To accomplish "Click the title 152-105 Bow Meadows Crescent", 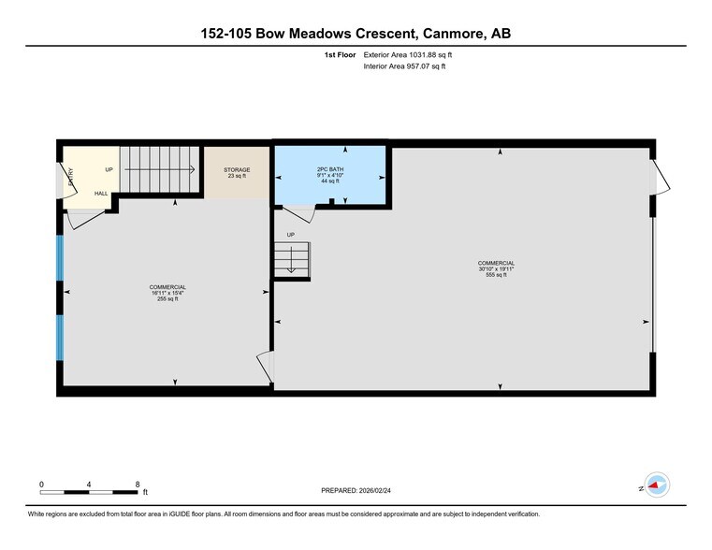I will [356, 34].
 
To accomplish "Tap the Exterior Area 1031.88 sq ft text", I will [413, 55].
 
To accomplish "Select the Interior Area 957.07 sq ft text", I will [404, 66].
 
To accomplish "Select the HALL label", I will [100, 194].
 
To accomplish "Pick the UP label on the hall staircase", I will [109, 169].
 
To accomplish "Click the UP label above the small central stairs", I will [290, 234].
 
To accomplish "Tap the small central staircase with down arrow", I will [292, 258].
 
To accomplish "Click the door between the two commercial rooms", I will [267, 367].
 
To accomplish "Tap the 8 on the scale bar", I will [138, 484].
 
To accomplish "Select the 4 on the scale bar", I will [89, 484].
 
